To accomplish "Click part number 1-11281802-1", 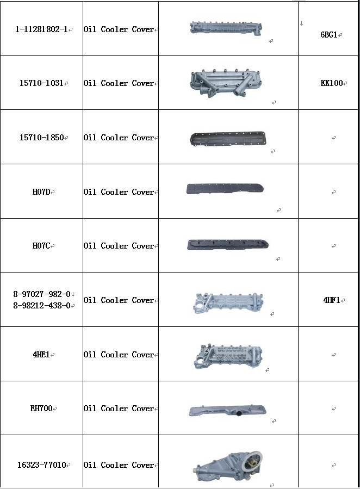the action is (x=41, y=29).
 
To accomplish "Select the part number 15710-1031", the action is (x=41, y=83).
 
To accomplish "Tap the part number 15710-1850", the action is (x=41, y=138).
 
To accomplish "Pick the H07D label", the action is (x=41, y=192).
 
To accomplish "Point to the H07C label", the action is (x=41, y=246).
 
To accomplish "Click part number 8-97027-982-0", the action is (x=42, y=294).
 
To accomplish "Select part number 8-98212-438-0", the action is (x=42, y=306).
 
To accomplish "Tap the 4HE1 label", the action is (x=41, y=355).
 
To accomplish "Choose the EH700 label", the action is (x=41, y=408).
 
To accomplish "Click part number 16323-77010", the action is (x=42, y=465).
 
